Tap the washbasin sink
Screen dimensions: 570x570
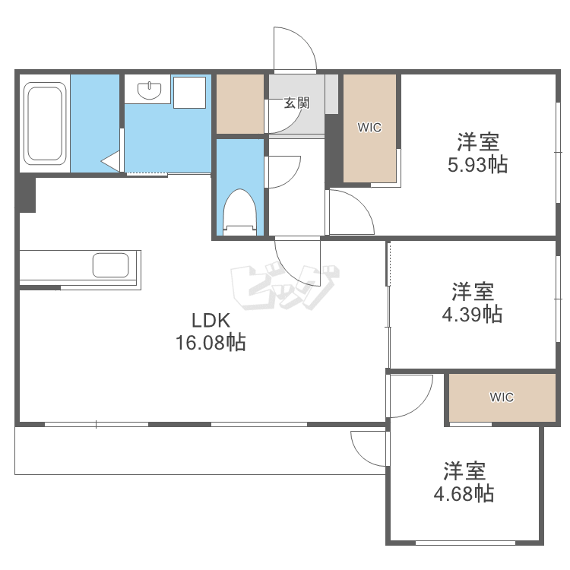click(x=150, y=91)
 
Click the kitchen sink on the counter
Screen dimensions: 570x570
click(x=110, y=265)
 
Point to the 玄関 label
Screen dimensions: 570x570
click(x=297, y=103)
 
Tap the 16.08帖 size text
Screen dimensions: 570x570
click(x=211, y=343)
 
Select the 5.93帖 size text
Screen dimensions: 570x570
click(x=477, y=164)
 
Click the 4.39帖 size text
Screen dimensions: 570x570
click(x=472, y=313)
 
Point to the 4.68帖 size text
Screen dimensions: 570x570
click(x=464, y=493)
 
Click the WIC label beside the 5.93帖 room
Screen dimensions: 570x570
click(x=369, y=128)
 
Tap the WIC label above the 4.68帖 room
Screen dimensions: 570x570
click(x=502, y=397)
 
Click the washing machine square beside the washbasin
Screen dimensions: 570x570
click(x=190, y=92)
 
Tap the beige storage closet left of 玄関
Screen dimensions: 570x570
click(x=239, y=103)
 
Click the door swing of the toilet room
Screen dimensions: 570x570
click(x=283, y=171)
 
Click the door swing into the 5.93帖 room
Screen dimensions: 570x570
click(x=350, y=213)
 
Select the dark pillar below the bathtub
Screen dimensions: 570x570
click(x=27, y=194)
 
